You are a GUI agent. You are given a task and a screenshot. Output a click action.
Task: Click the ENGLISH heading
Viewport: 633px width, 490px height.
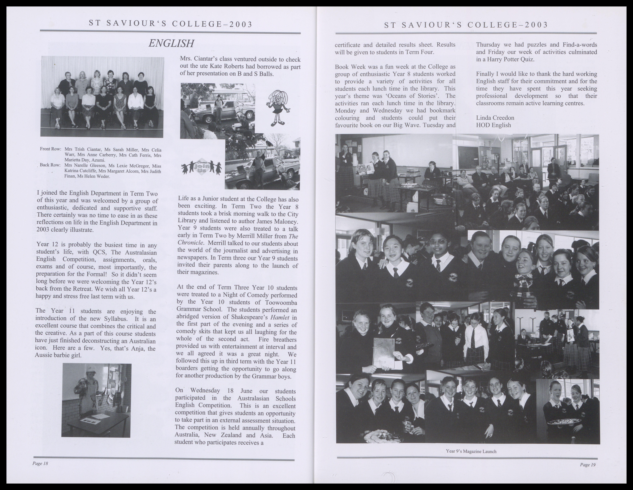point(171,43)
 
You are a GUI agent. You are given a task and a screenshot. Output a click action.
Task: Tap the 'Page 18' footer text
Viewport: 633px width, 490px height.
point(40,463)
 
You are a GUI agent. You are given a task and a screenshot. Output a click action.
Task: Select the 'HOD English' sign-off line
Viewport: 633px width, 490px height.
point(493,125)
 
